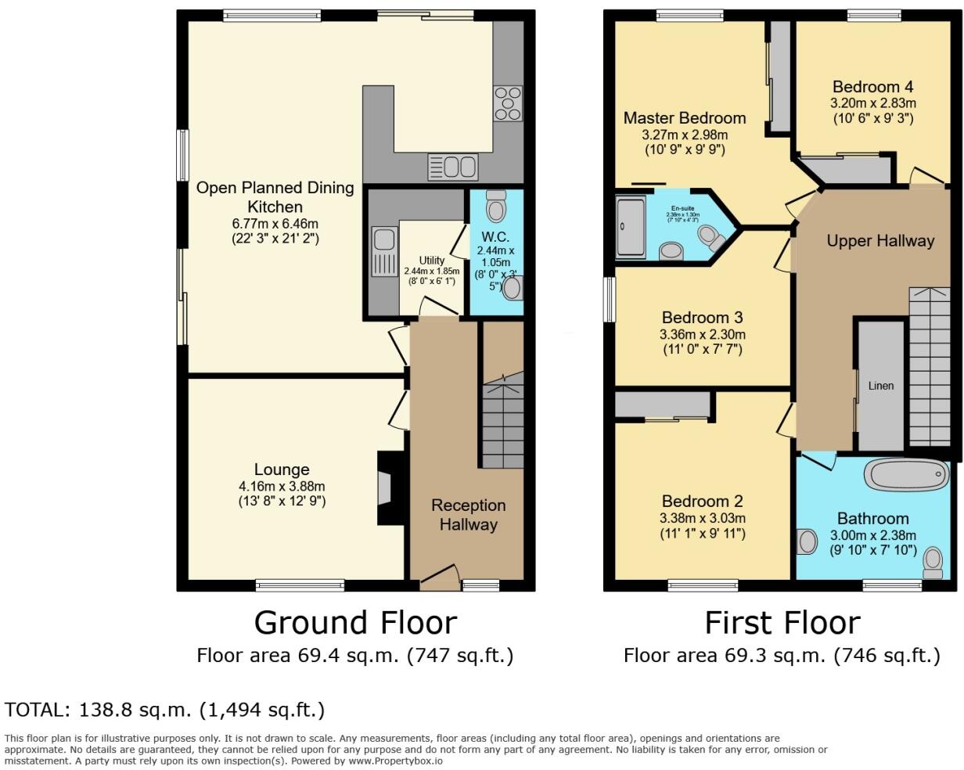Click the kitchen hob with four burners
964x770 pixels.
[x=507, y=103]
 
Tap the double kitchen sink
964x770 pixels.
[x=452, y=167]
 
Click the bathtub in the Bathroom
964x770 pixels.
[x=907, y=474]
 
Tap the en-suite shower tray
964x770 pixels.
[x=631, y=227]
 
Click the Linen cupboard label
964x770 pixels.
[x=880, y=386]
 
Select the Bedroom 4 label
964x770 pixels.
[x=872, y=87]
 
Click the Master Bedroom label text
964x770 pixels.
[x=685, y=118]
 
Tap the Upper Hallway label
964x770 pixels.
[x=880, y=241]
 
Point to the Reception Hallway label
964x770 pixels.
[x=468, y=515]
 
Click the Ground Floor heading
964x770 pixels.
[x=355, y=623]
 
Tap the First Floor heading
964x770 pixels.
[x=782, y=623]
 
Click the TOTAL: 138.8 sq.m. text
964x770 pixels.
[x=164, y=710]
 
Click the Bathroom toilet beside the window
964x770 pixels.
[x=933, y=562]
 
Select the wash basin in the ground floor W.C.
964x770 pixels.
[x=513, y=288]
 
